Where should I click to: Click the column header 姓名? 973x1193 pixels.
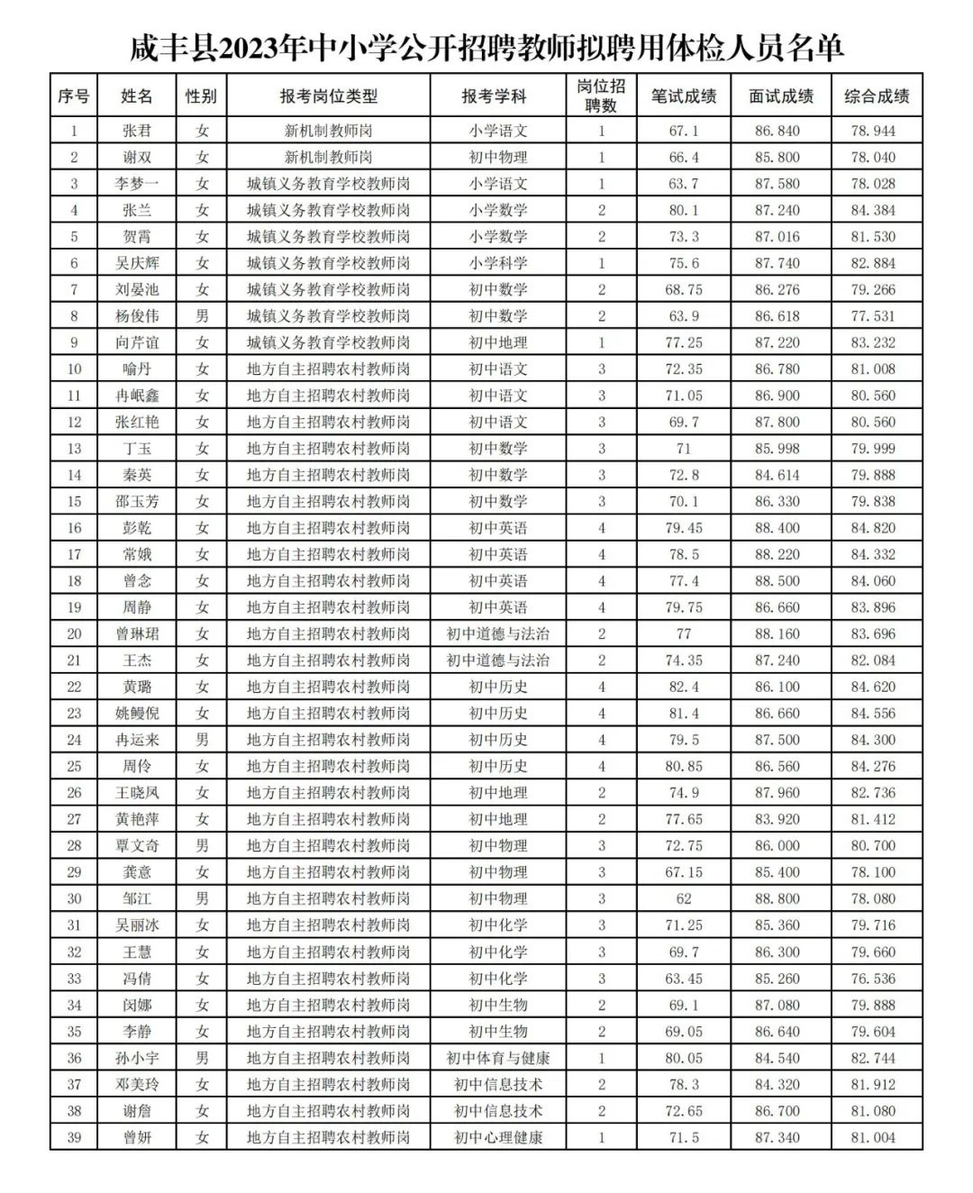pyautogui.click(x=137, y=96)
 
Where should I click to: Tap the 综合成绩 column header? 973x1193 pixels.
pyautogui.click(x=876, y=96)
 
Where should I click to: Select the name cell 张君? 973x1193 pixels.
pyautogui.click(x=137, y=131)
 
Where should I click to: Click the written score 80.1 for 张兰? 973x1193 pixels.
pyautogui.click(x=684, y=210)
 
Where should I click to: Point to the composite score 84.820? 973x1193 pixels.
pyautogui.click(x=873, y=528)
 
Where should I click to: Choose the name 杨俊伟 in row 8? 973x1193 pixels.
pyautogui.click(x=137, y=316)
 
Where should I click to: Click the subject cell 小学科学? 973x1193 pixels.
pyautogui.click(x=497, y=263)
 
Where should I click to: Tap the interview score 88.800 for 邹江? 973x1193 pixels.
pyautogui.click(x=777, y=898)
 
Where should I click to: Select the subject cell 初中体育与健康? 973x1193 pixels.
pyautogui.click(x=497, y=1058)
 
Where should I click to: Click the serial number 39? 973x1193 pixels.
pyautogui.click(x=74, y=1137)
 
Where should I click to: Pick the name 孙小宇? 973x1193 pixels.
pyautogui.click(x=137, y=1058)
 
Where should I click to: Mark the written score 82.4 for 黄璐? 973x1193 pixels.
pyautogui.click(x=684, y=687)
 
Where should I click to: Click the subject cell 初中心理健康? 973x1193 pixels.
pyautogui.click(x=497, y=1137)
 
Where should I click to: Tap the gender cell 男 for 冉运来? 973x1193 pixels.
pyautogui.click(x=202, y=740)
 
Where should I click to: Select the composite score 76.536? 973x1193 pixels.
pyautogui.click(x=873, y=979)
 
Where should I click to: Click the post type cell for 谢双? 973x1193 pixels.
pyautogui.click(x=328, y=157)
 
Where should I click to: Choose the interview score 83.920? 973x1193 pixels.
pyautogui.click(x=777, y=819)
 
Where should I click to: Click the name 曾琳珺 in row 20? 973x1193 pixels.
pyautogui.click(x=137, y=633)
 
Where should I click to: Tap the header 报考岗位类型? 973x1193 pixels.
pyautogui.click(x=328, y=96)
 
